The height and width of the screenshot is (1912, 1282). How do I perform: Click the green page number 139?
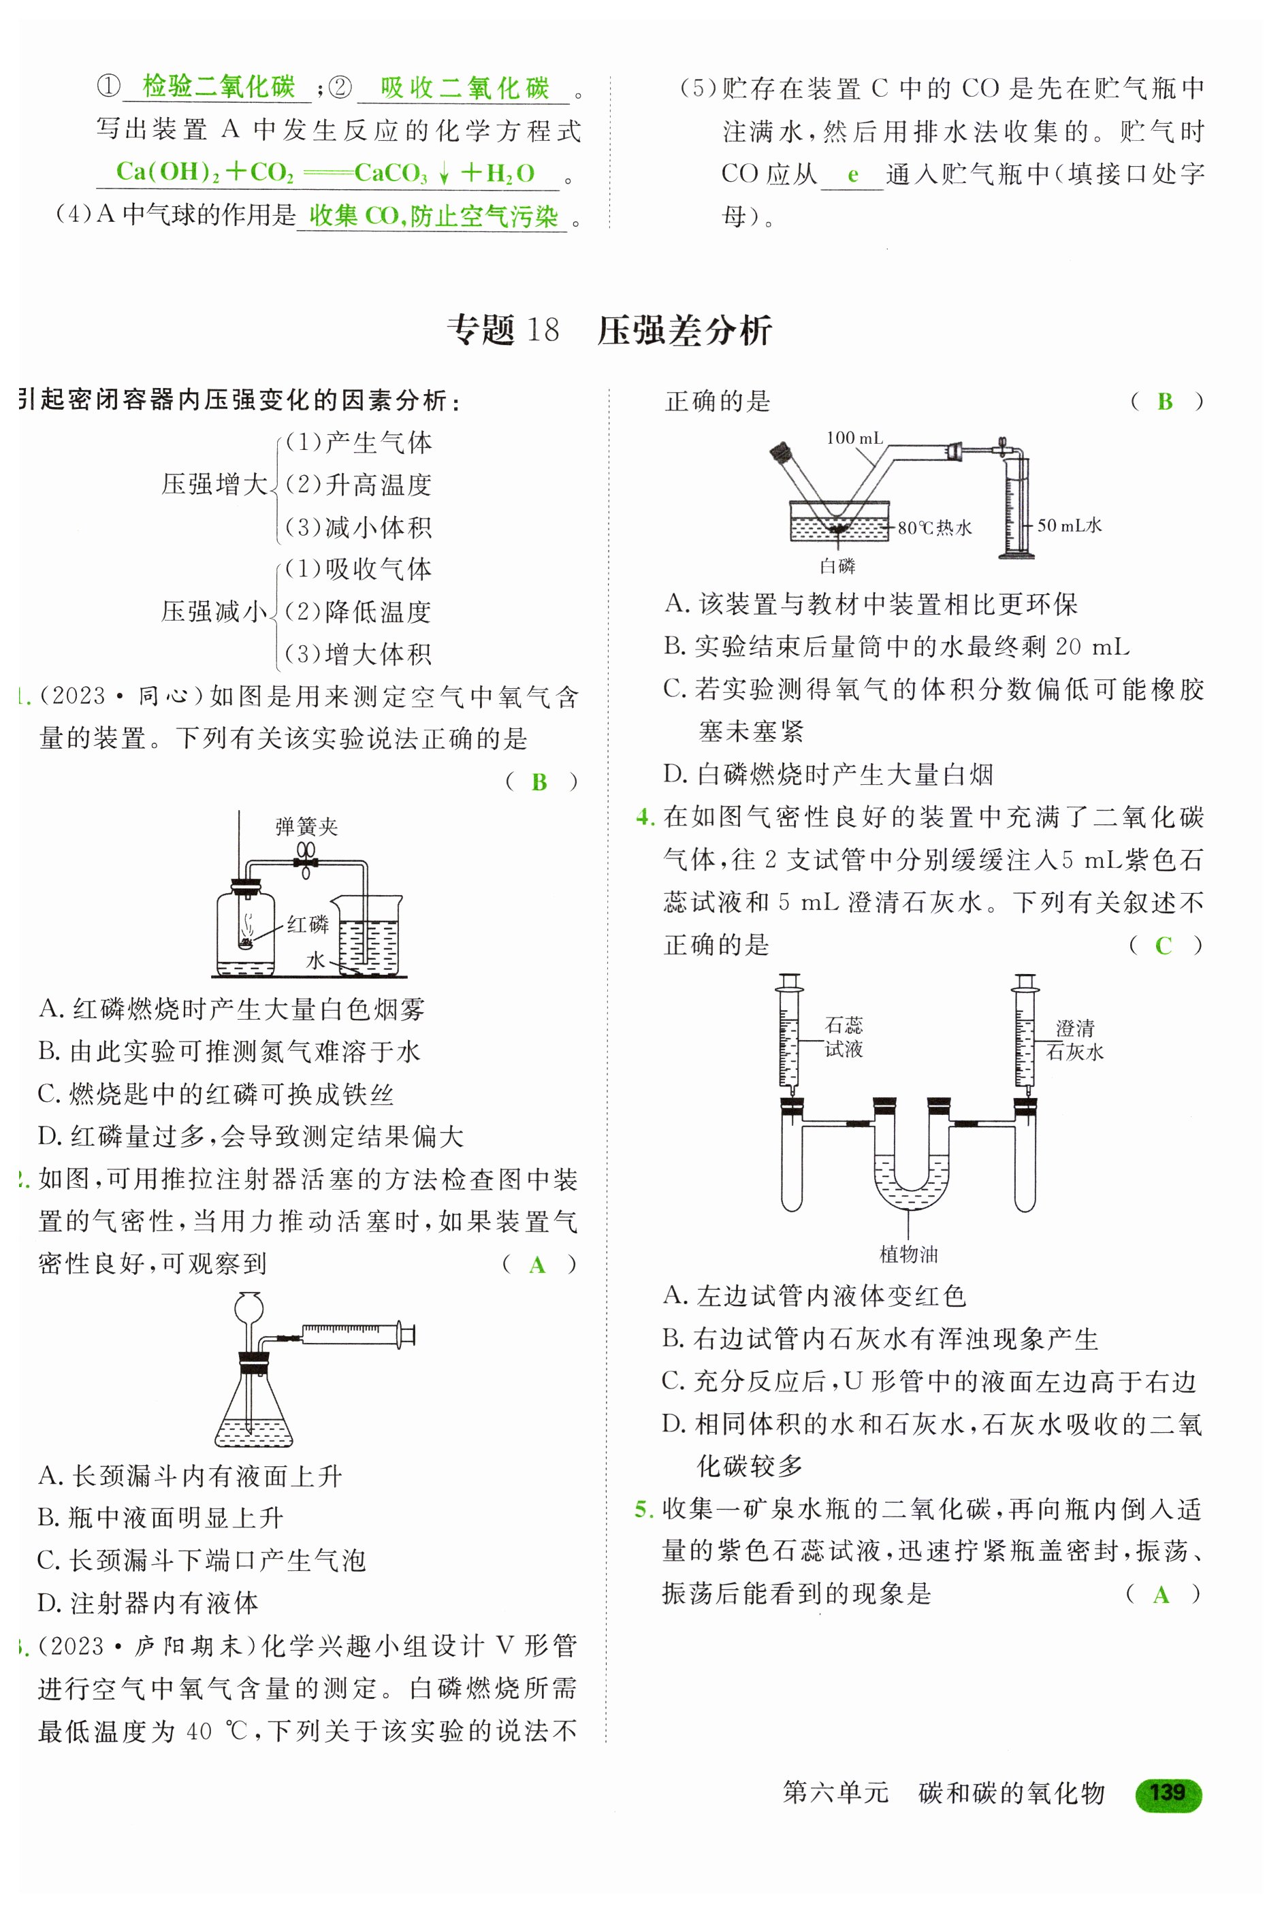[x=1168, y=1793]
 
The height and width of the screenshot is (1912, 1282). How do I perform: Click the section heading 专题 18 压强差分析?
[x=609, y=330]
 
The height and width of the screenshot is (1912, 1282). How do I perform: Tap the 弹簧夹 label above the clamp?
[x=306, y=826]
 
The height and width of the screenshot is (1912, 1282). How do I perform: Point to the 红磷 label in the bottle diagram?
[x=308, y=924]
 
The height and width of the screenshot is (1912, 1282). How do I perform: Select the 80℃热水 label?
[x=935, y=528]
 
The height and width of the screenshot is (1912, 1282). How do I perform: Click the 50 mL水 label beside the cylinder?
[x=1070, y=525]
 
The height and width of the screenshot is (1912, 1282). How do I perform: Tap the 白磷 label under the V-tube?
[x=837, y=566]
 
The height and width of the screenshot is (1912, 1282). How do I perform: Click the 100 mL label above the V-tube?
[x=854, y=438]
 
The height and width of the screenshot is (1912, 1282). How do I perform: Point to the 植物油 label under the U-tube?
[x=908, y=1253]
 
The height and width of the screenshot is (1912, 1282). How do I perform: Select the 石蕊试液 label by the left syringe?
[x=844, y=1037]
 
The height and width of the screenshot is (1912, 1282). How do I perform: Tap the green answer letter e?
[x=853, y=174]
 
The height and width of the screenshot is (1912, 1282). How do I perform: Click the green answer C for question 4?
[x=1164, y=945]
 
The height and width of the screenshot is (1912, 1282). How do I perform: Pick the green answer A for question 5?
[x=1161, y=1594]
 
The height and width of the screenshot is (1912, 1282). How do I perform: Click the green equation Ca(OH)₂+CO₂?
[x=204, y=172]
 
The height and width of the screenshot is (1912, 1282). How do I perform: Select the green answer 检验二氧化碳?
[x=219, y=86]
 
